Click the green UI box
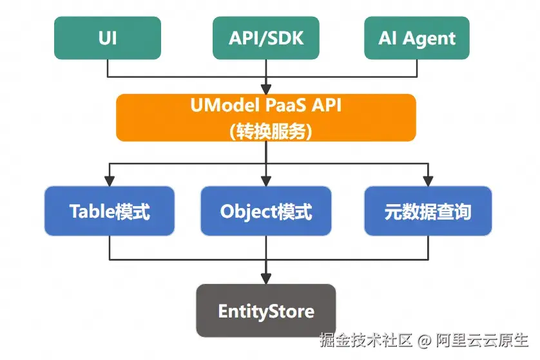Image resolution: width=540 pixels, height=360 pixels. (x=108, y=38)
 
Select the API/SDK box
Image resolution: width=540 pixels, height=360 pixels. (x=265, y=38)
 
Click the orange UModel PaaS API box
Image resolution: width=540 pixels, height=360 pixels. (x=265, y=117)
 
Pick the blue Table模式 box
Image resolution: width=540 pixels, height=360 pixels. (x=110, y=211)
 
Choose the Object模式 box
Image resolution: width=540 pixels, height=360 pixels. (x=265, y=211)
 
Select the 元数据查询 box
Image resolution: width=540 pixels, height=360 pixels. (x=428, y=211)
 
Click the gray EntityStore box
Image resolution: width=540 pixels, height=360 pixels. (x=265, y=311)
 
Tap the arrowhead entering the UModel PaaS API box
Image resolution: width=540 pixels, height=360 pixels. (x=265, y=89)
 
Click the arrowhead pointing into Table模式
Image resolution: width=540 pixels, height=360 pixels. (x=110, y=181)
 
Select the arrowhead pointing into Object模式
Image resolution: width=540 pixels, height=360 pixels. (x=265, y=181)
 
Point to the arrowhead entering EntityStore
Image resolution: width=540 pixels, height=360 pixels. (x=265, y=278)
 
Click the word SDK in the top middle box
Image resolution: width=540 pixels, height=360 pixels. (x=284, y=38)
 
